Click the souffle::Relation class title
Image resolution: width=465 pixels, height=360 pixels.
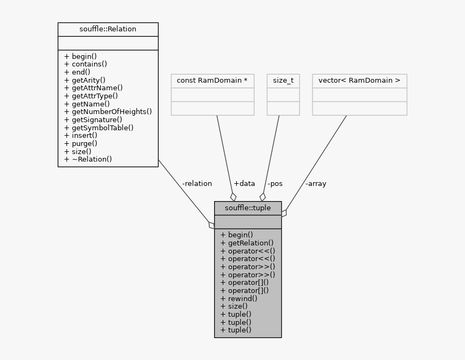coord(108,29)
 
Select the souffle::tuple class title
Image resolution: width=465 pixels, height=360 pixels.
coord(248,208)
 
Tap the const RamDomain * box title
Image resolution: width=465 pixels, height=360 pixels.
coord(212,81)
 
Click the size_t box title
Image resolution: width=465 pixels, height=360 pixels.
coord(283,81)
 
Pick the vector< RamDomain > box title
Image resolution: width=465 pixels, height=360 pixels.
coord(359,81)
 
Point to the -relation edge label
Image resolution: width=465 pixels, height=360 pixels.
coord(197,184)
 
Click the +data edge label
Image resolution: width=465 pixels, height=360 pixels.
coord(244,184)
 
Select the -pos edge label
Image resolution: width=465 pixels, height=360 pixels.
coord(275,184)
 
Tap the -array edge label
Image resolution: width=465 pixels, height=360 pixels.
coord(315,184)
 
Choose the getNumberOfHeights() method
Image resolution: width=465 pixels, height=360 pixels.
coord(108,112)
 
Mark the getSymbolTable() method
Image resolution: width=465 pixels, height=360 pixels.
coord(98,128)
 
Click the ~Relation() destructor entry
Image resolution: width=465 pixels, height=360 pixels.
coord(88,159)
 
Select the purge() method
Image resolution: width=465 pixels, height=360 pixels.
coord(81,144)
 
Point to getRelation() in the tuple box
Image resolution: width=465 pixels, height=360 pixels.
coord(247,243)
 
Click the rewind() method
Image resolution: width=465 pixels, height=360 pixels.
coord(238,298)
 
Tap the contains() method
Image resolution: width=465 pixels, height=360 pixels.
coord(85,64)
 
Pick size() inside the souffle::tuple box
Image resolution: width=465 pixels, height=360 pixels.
coord(234,306)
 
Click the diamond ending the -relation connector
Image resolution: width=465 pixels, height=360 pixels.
coord(211,225)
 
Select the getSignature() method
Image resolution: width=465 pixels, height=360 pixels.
coord(93,120)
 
